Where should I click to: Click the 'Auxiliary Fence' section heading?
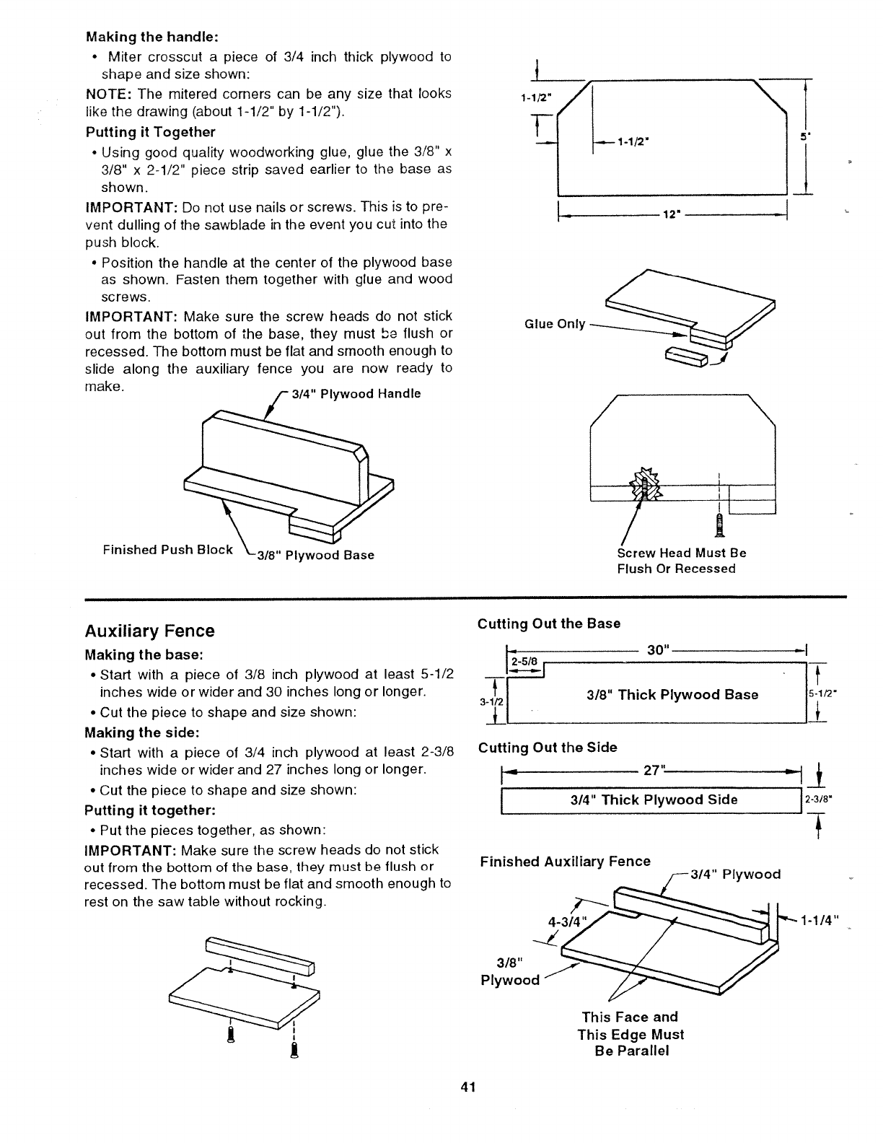click(149, 631)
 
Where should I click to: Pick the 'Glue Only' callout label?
click(555, 324)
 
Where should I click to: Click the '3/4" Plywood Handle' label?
click(356, 394)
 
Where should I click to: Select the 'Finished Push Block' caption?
click(167, 550)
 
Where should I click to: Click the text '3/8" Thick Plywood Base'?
click(672, 695)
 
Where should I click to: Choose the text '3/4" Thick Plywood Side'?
click(654, 800)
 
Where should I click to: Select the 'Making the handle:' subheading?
click(151, 36)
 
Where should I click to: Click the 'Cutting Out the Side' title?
click(547, 748)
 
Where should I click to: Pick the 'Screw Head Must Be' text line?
click(681, 553)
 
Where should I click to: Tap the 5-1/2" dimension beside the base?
click(820, 695)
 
